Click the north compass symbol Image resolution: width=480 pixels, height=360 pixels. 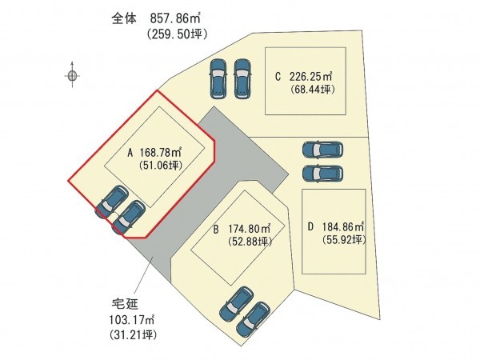[73, 76]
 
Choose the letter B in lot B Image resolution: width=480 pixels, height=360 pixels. [216, 227]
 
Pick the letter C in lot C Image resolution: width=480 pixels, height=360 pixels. [278, 77]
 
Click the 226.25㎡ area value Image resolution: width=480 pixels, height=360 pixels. [310, 77]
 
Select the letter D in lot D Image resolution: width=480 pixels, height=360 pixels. [311, 226]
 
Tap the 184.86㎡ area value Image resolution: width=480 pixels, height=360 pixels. [342, 226]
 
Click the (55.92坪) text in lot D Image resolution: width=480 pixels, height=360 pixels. [344, 239]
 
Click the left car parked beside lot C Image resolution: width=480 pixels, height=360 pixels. [218, 78]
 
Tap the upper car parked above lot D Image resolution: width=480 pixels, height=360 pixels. [322, 150]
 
